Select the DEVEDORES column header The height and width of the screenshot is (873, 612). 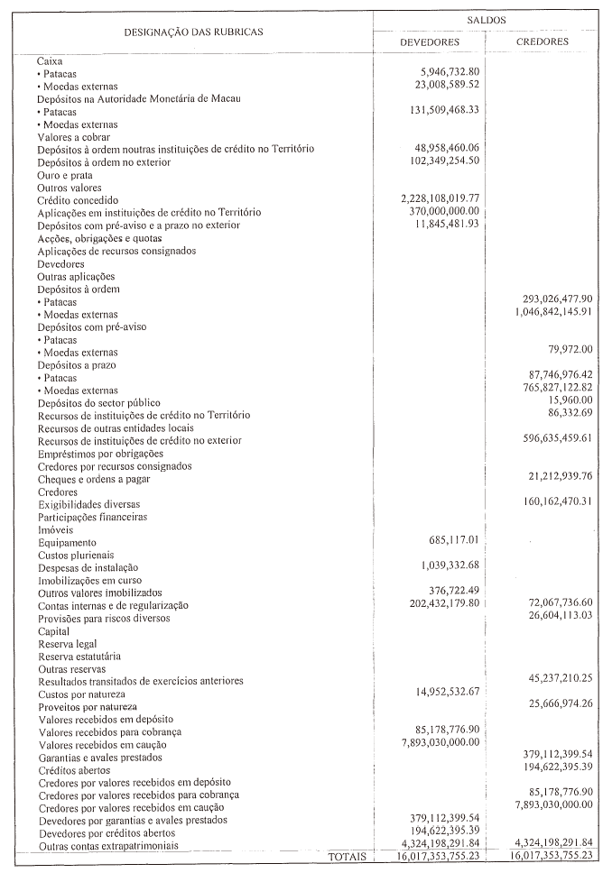[430, 41]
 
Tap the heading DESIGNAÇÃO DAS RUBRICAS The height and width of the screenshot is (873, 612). [193, 32]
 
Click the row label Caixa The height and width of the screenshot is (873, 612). [50, 60]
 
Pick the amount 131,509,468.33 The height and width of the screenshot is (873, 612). [444, 110]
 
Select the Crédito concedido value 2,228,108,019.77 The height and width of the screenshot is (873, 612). [440, 198]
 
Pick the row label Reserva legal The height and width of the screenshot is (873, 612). [68, 644]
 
